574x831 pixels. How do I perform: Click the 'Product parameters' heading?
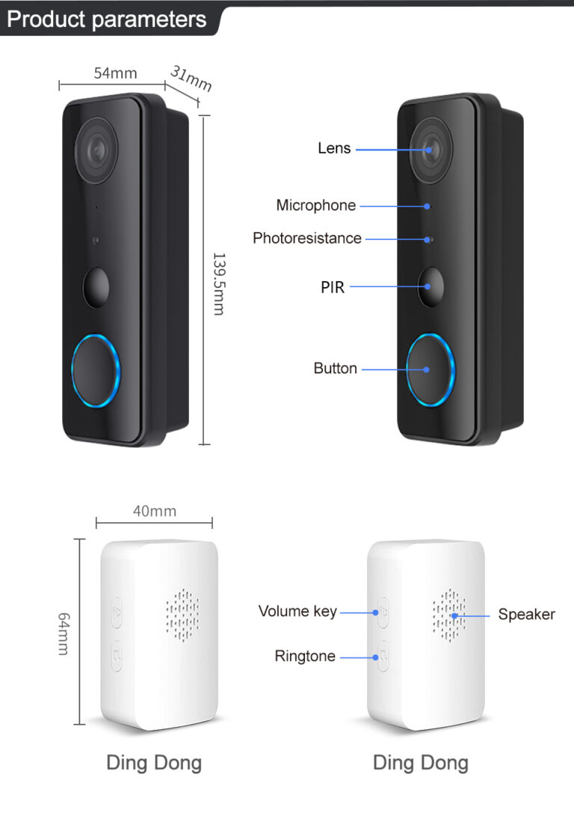pyautogui.click(x=106, y=19)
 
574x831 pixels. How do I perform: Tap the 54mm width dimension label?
pyautogui.click(x=115, y=73)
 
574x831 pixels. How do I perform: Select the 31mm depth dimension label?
pyautogui.click(x=191, y=79)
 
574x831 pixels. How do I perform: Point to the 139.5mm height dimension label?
pyautogui.click(x=219, y=284)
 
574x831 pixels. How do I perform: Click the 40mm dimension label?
pyautogui.click(x=155, y=511)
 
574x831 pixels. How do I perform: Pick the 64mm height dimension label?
pyautogui.click(x=64, y=634)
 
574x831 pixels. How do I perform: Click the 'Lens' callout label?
pyautogui.click(x=334, y=148)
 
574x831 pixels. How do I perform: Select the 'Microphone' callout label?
pyautogui.click(x=316, y=206)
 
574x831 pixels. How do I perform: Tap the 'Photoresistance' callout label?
pyautogui.click(x=307, y=239)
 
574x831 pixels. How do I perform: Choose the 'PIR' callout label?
pyautogui.click(x=333, y=287)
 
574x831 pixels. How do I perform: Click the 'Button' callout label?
pyautogui.click(x=335, y=368)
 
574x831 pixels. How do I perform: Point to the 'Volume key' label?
pyautogui.click(x=297, y=612)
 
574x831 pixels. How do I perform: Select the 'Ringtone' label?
pyautogui.click(x=305, y=656)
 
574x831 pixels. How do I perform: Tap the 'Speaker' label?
pyautogui.click(x=526, y=615)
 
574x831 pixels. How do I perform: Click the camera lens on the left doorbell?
pyautogui.click(x=96, y=150)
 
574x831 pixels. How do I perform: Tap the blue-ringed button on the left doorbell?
pyautogui.click(x=96, y=370)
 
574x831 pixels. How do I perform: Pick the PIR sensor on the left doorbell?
pyautogui.click(x=96, y=288)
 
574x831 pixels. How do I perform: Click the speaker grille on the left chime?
pyautogui.click(x=183, y=616)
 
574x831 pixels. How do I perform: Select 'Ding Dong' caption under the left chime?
pyautogui.click(x=154, y=764)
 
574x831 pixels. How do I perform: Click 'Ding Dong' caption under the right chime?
pyautogui.click(x=421, y=764)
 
